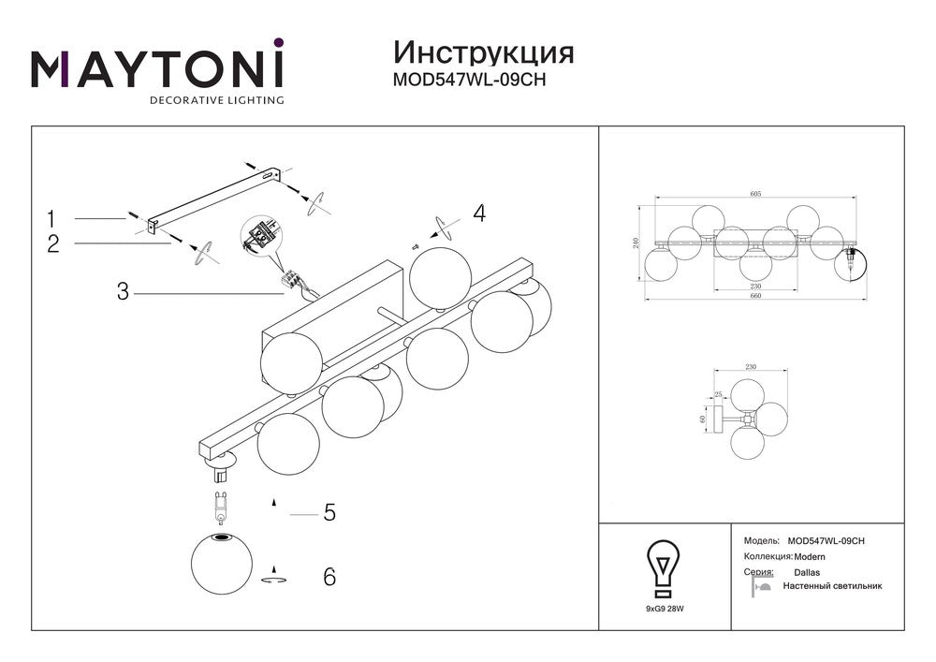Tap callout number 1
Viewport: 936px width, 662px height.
click(52, 219)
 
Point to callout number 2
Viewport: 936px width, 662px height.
click(52, 243)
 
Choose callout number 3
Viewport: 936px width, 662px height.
click(122, 291)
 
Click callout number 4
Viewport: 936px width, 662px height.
click(478, 213)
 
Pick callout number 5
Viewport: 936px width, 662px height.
click(329, 513)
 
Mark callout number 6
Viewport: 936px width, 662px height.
click(329, 577)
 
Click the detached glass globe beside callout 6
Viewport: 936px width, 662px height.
click(222, 562)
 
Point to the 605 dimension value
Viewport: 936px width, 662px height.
click(755, 194)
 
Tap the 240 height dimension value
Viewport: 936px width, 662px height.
click(636, 243)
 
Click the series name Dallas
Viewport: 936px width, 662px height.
click(807, 571)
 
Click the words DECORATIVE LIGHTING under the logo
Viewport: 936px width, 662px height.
click(217, 99)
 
